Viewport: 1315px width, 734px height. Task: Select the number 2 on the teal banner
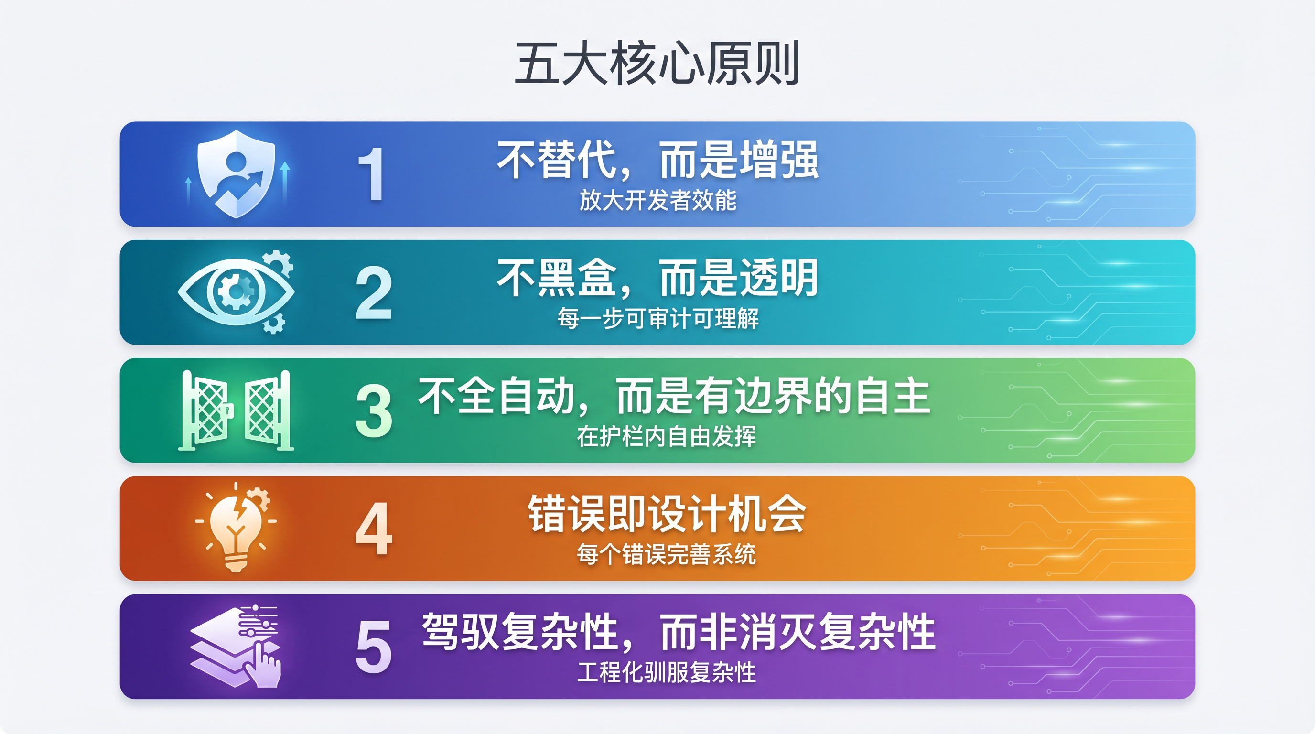coord(374,292)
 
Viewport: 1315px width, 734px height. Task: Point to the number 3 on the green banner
coord(374,410)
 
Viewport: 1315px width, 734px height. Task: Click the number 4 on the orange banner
coord(374,529)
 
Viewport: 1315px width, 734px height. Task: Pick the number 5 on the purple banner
coord(374,647)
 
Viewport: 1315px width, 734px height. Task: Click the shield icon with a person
coord(237,174)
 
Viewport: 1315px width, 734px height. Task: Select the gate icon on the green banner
coord(236,410)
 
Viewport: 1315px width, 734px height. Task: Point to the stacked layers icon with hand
coord(236,646)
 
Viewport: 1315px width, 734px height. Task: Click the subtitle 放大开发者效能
coord(657,200)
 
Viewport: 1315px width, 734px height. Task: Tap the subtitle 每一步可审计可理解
coord(657,319)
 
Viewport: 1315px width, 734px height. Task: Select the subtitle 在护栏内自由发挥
coord(666,437)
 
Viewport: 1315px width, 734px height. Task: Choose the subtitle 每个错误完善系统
coord(666,554)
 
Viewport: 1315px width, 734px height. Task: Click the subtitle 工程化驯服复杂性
coord(666,672)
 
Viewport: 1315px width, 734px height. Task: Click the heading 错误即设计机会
coord(666,514)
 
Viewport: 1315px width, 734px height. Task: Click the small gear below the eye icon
coord(274,324)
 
